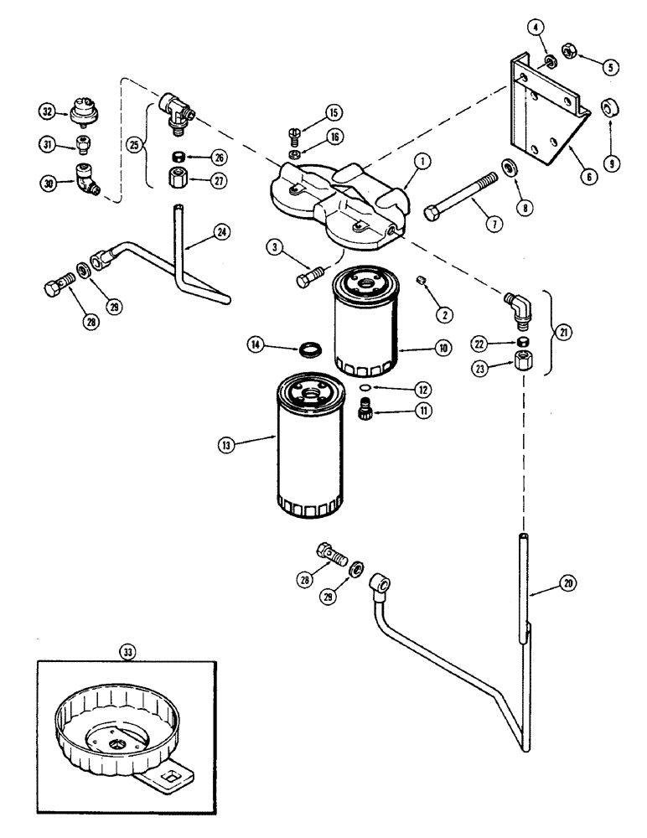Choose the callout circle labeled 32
(x=47, y=110)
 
